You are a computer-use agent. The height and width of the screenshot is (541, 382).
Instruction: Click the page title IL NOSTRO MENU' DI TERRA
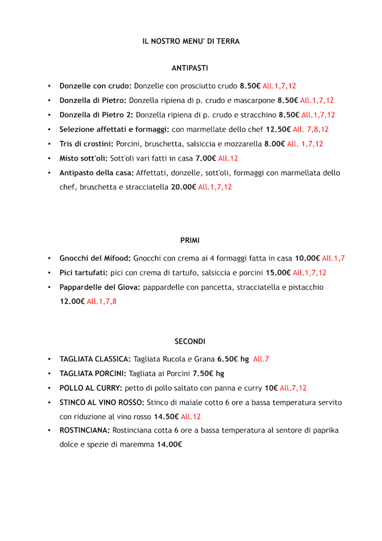click(190, 41)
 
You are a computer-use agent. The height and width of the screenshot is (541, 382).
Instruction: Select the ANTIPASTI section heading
click(190, 69)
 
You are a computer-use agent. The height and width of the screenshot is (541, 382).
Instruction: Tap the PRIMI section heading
click(190, 240)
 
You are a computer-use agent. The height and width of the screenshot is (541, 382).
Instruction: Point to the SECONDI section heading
click(190, 342)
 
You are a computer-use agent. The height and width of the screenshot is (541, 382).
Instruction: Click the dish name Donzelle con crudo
click(95, 86)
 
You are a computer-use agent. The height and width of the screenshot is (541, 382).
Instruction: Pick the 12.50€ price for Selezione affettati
click(278, 130)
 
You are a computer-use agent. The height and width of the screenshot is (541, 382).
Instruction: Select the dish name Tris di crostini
click(87, 144)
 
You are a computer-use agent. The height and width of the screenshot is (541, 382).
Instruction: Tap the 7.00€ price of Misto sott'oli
click(205, 158)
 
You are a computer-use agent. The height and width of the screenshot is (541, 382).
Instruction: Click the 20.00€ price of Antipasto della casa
click(183, 187)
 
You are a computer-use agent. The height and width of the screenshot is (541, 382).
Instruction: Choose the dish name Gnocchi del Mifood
click(95, 259)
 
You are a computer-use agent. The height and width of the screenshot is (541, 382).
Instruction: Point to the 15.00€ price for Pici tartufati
click(278, 273)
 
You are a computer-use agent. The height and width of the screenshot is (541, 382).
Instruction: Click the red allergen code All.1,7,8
click(101, 302)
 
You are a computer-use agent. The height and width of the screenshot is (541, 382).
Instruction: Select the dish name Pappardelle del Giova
click(100, 287)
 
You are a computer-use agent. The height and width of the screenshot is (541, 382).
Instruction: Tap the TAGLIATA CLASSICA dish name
click(95, 359)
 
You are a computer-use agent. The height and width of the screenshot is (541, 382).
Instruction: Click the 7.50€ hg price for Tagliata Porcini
click(208, 374)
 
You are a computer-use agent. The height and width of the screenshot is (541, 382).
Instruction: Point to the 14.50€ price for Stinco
click(166, 417)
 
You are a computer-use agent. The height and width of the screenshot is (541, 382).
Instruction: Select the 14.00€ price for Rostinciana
click(169, 444)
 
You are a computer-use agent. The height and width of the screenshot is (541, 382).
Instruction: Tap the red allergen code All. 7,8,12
click(310, 130)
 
